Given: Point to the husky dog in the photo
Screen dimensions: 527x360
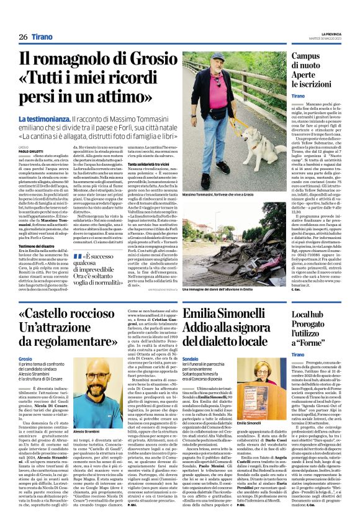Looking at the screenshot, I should pos(257,146).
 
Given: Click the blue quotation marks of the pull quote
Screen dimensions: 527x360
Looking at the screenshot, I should pos(78,256).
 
